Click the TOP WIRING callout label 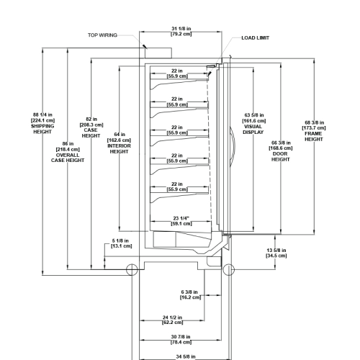[102, 35]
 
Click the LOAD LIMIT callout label [256, 38]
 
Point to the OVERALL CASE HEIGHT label [68, 158]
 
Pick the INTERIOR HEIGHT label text [119, 149]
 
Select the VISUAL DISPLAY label [253, 130]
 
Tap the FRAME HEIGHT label [314, 136]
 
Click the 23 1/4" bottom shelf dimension [181, 221]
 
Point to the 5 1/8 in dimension [121, 243]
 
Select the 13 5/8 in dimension [276, 253]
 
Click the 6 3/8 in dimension [190, 294]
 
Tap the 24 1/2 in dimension [172, 320]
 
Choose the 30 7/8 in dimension [181, 340]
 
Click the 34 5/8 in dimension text [186, 356]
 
